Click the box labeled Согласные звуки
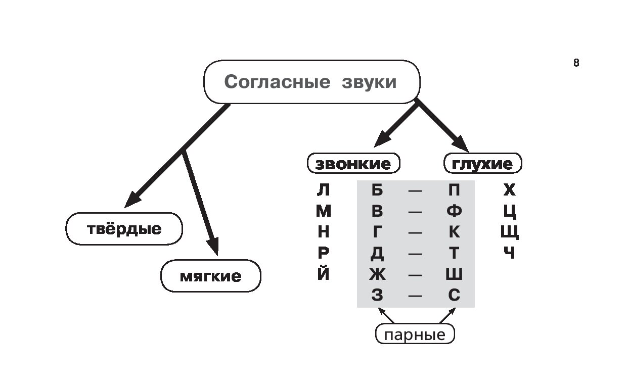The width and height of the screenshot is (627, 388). pyautogui.click(x=311, y=82)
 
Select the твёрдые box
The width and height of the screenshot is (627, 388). pyautogui.click(x=124, y=229)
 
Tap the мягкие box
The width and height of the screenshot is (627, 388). pyautogui.click(x=210, y=276)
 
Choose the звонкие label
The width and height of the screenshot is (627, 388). pyautogui.click(x=353, y=164)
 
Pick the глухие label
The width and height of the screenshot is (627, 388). pyautogui.click(x=482, y=164)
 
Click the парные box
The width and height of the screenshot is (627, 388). pyautogui.click(x=415, y=334)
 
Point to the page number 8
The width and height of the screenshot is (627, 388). pyautogui.click(x=576, y=63)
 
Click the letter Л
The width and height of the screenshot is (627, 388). pyautogui.click(x=323, y=190)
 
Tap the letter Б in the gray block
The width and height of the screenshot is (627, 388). pyautogui.click(x=377, y=190)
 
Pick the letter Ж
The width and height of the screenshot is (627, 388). pyautogui.click(x=377, y=274)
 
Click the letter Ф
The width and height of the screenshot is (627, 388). pyautogui.click(x=454, y=211)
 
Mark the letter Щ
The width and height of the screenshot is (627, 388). pyautogui.click(x=510, y=232)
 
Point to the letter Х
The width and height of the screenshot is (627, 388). pyautogui.click(x=509, y=190)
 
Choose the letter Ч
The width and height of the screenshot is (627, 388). pyautogui.click(x=509, y=253)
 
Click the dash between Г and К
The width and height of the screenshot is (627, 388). pyautogui.click(x=415, y=233)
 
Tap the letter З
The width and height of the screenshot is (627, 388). pyautogui.click(x=377, y=295)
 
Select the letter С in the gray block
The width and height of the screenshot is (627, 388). pyautogui.click(x=454, y=295)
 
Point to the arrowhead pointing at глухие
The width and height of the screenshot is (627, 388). pyautogui.click(x=463, y=144)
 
